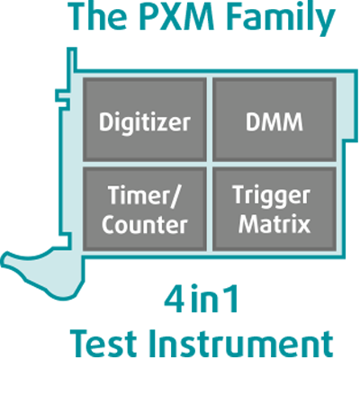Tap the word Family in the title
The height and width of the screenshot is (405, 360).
[x=281, y=19]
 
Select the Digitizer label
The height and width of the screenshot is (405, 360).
[x=145, y=122]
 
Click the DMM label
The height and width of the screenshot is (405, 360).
[x=274, y=121]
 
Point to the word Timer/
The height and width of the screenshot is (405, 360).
[x=144, y=195]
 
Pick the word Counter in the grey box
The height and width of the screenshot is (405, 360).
[x=144, y=225]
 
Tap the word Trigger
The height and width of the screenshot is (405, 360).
[x=272, y=196]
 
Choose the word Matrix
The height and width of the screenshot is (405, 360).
[x=274, y=223]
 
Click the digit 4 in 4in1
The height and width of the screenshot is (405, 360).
[x=174, y=299]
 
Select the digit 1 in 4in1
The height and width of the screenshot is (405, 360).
[x=231, y=299]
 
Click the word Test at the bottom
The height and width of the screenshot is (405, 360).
[x=103, y=344]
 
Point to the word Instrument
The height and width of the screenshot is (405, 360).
[x=241, y=344]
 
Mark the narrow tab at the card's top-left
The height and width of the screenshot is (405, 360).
[x=71, y=58]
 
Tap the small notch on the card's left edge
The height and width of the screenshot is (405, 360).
[x=62, y=98]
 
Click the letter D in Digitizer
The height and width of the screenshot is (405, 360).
[x=106, y=121]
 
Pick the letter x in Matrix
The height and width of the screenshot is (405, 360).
[x=303, y=226]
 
